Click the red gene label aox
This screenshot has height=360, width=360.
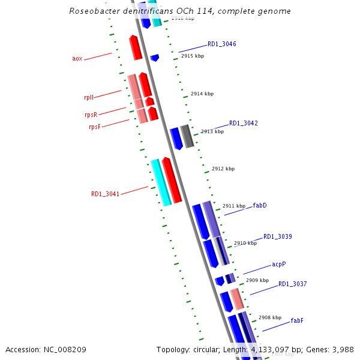pyautogui.click(x=77, y=58)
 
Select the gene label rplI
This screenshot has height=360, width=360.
pyautogui.click(x=89, y=97)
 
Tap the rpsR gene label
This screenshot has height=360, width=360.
pyautogui.click(x=91, y=114)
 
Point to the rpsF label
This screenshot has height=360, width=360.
pyautogui.click(x=94, y=127)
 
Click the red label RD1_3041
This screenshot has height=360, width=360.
pyautogui.click(x=105, y=194)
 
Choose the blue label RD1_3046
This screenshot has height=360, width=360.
pyautogui.click(x=221, y=44)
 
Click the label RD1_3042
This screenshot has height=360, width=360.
pyautogui.click(x=243, y=123)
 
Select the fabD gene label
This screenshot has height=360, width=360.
pyautogui.click(x=259, y=205)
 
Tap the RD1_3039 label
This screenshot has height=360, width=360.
pyautogui.click(x=277, y=236)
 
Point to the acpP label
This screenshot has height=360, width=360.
pyautogui.click(x=278, y=264)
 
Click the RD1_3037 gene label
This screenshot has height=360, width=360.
pyautogui.click(x=292, y=284)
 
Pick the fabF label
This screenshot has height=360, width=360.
pyautogui.click(x=297, y=320)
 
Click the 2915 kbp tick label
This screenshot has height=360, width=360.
pyautogui.click(x=192, y=56)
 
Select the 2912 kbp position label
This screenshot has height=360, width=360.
pyautogui.click(x=223, y=169)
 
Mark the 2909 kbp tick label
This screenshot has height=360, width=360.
pyautogui.click(x=257, y=280)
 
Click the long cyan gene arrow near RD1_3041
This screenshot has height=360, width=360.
pyautogui.click(x=160, y=182)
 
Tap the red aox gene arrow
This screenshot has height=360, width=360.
pyautogui.click(x=136, y=47)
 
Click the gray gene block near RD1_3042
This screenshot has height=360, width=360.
pyautogui.click(x=187, y=136)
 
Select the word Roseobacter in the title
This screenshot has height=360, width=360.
pyautogui.click(x=93, y=11)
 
